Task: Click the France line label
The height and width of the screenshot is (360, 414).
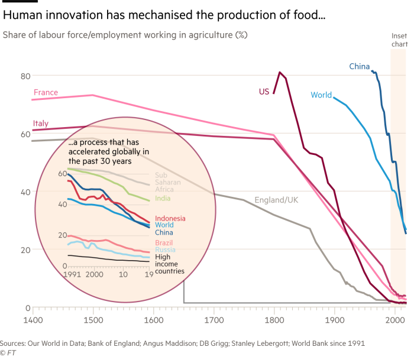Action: [x=46, y=92]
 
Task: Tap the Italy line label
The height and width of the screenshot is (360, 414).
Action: [x=40, y=124]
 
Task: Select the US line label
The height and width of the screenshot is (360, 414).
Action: [x=264, y=91]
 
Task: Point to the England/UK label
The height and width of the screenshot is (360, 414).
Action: [x=276, y=200]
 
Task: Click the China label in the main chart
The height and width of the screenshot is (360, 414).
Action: [x=359, y=67]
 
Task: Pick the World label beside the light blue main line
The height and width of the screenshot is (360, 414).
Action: [x=321, y=95]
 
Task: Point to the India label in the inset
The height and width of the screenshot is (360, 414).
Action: [x=163, y=199]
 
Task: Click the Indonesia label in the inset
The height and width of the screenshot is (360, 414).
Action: [x=170, y=218]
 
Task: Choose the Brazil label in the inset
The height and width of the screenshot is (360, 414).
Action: [x=164, y=243]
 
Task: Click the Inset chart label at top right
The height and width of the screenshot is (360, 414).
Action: [x=400, y=40]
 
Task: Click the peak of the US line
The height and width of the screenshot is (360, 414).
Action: [x=280, y=72]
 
